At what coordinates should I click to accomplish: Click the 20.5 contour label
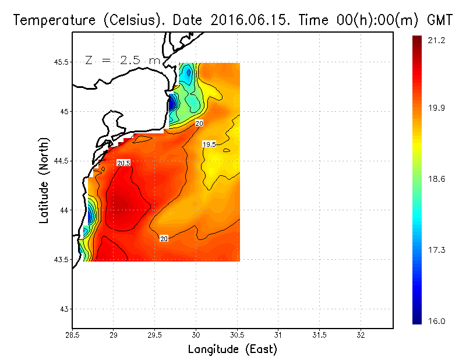point(123,163)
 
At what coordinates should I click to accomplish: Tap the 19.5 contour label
point(210,144)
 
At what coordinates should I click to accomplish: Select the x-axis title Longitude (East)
point(232,349)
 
